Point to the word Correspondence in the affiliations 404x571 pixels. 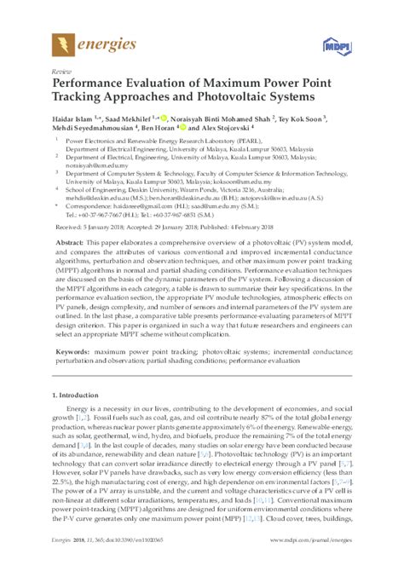[89, 207]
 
